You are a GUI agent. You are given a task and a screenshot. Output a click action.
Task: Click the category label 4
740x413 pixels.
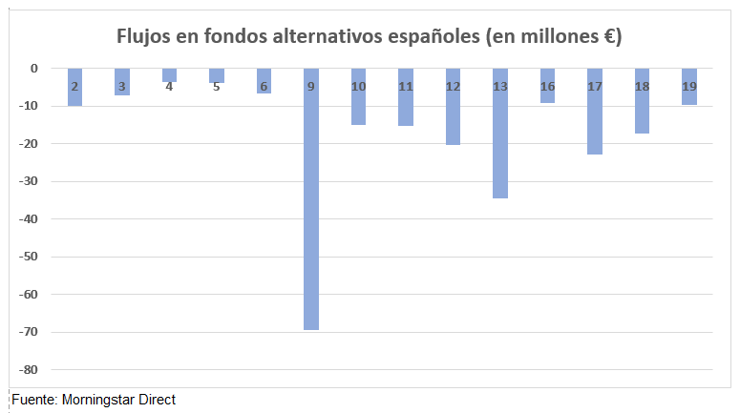[x=169, y=87]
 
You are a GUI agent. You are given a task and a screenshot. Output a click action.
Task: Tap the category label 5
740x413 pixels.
[x=217, y=87]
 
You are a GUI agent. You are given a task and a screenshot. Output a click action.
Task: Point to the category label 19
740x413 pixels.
[x=689, y=87]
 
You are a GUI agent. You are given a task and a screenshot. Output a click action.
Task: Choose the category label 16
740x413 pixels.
[x=547, y=87]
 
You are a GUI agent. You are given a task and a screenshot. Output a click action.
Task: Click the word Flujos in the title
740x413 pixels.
[x=144, y=36]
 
